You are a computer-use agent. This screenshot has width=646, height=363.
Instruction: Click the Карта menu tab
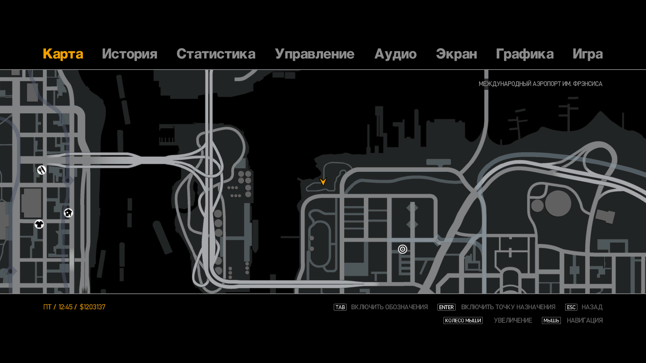pos(63,54)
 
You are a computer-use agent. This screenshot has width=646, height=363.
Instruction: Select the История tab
pos(130,54)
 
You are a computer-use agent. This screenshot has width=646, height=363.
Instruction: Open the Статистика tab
pos(216,54)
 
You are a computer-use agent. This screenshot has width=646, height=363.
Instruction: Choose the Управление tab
pos(315,54)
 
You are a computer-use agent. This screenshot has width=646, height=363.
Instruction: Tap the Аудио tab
pos(395,54)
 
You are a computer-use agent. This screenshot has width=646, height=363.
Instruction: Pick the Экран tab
pos(457,54)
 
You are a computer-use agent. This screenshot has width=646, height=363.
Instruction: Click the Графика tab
pos(525,54)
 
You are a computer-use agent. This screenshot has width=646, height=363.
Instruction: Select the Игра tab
pos(588,54)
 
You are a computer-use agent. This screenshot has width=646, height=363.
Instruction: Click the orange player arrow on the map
pos(323,182)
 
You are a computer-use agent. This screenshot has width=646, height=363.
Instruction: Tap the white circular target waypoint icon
pos(402,249)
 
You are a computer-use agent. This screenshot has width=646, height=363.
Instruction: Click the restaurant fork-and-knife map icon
pos(41,170)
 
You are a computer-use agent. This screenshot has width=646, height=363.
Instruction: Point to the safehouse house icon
pos(68,213)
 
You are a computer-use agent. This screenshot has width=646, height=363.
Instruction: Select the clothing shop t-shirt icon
pos(39,224)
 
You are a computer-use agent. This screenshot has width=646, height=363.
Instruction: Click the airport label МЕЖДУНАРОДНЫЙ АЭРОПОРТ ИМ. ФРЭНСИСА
pos(540,84)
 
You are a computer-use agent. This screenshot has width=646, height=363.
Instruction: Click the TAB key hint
pos(340,307)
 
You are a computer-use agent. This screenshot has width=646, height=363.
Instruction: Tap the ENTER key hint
pos(446,307)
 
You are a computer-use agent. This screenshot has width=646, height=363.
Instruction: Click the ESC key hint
pos(571,307)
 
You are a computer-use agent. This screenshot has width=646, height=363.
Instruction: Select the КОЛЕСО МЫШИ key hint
pos(463,321)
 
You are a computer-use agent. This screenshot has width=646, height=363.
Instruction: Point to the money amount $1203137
pos(93,307)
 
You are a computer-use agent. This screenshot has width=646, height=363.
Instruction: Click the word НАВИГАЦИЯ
pos(585,321)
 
